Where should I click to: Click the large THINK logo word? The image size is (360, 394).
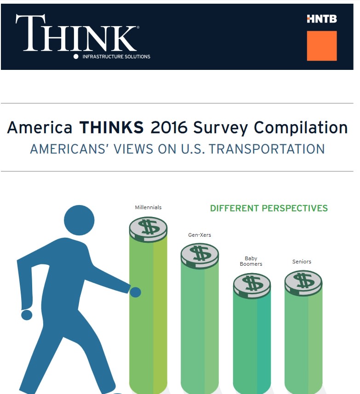pos(76,33)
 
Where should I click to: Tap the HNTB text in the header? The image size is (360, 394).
pos(321,19)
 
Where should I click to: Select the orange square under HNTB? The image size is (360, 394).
pos(321,46)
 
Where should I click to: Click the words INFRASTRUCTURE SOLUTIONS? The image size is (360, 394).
pos(116,57)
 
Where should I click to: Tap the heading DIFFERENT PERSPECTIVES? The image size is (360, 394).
pos(269,208)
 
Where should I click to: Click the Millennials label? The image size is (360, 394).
pos(148,207)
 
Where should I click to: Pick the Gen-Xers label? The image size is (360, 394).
pos(200,235)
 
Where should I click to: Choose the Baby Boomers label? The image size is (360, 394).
pos(251,261)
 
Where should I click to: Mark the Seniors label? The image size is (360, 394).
pos(302,262)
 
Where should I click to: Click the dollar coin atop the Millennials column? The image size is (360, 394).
pos(148,228)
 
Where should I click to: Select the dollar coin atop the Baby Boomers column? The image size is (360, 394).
pos(252,285)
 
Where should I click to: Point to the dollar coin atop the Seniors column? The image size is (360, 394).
pos(303,282)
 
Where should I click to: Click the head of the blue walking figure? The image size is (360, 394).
pos(79,219)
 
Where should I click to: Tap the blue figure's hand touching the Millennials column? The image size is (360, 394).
pos(135,292)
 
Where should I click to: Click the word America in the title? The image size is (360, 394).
pos(40,128)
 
